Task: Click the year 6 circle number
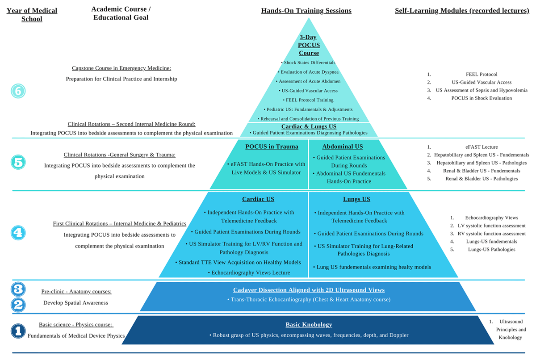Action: pos(18,91)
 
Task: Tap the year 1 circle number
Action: pos(18,331)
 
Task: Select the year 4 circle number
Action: pos(18,232)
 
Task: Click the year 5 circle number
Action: pos(18,162)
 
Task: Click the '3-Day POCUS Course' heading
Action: pos(308,45)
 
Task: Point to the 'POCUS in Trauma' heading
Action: pos(272,147)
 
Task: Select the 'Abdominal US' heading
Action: pos(343,147)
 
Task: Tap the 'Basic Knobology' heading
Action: pos(309,325)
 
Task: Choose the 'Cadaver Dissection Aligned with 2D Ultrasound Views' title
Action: pos(309,290)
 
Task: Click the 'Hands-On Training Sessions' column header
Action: pos(306,11)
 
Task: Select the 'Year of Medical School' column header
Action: pos(32,15)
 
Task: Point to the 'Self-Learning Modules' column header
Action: pos(462,11)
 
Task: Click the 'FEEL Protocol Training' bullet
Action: pos(308,100)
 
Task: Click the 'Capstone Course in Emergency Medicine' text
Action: pos(121,68)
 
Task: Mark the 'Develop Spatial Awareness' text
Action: pos(76,302)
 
